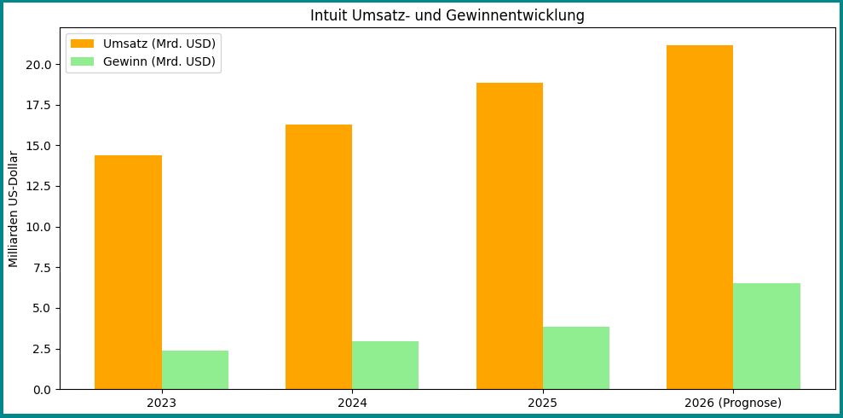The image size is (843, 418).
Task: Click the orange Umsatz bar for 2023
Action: coord(128,272)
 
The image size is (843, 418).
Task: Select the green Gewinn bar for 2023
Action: coord(195,369)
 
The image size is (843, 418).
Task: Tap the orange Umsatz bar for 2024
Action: coord(319,257)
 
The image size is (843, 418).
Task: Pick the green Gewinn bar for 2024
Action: coord(385,365)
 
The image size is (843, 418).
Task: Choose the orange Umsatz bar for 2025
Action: coord(510,235)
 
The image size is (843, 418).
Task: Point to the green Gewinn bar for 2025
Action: coord(576,357)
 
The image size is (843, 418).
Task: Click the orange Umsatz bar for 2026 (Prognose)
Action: coord(700,217)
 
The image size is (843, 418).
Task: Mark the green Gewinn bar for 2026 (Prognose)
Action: coord(766,336)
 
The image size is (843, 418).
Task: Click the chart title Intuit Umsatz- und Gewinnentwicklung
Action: coord(447,15)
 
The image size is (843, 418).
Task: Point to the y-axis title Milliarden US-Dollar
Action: coord(14,209)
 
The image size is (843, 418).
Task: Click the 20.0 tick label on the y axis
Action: coord(40,65)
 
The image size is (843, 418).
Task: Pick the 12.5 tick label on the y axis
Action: coord(40,187)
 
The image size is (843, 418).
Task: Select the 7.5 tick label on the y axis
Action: coord(42,268)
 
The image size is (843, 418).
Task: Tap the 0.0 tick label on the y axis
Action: coord(42,390)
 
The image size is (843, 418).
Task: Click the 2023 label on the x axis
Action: coord(162,403)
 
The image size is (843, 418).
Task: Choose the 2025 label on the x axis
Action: coord(543,403)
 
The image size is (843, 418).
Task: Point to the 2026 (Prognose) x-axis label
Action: coord(733,403)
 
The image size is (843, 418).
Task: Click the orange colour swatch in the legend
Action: coord(83,44)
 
